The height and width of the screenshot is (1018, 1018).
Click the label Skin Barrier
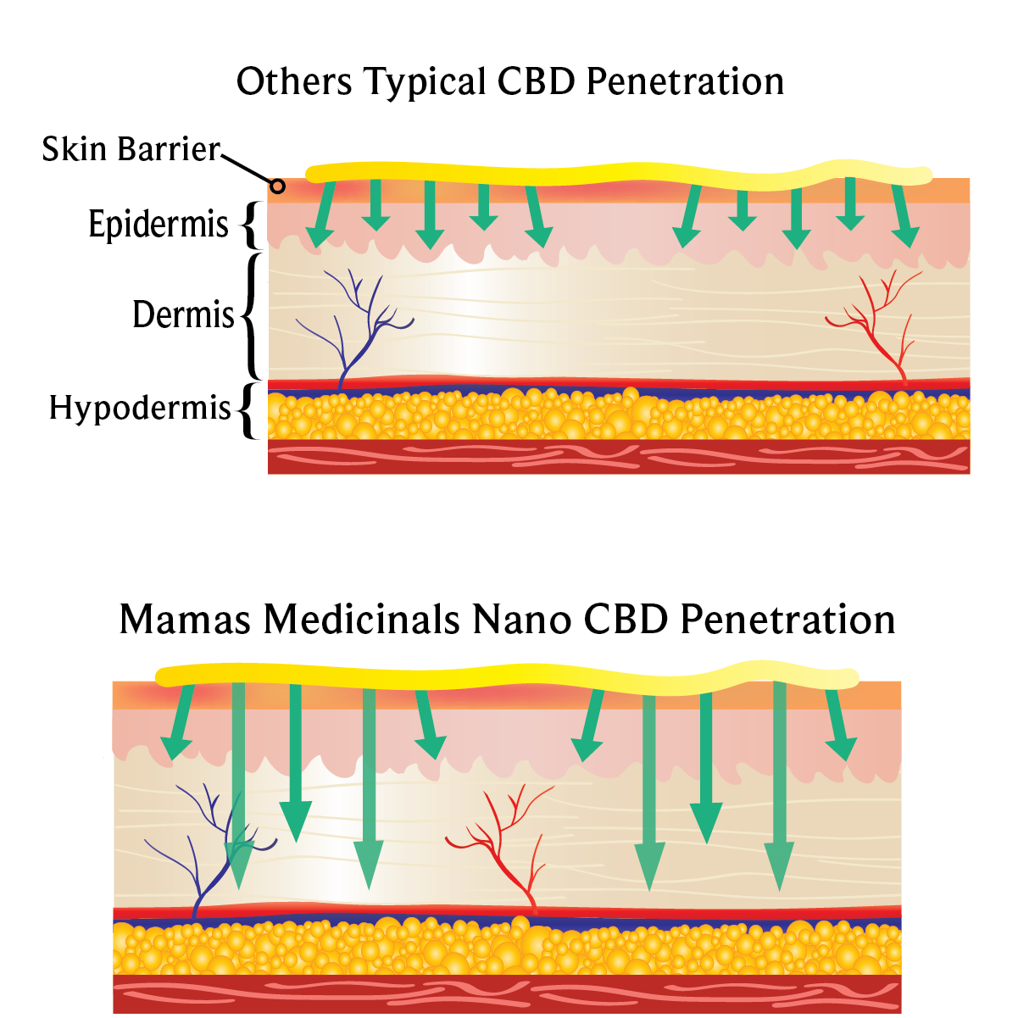pos(131,149)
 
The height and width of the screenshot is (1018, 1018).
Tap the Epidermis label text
pos(159,225)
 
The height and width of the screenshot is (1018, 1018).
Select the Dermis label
pos(183,314)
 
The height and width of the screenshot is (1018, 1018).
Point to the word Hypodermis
pos(140,408)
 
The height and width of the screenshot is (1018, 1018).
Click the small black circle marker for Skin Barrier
pos(277,186)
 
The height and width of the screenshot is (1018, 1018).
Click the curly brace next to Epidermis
pos(248,224)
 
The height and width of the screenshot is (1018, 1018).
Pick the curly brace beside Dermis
pos(252,315)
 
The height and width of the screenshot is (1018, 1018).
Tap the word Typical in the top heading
pos(425,82)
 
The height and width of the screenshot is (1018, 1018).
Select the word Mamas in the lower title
pos(185,620)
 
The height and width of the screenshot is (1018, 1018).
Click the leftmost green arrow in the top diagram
pos(320,216)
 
